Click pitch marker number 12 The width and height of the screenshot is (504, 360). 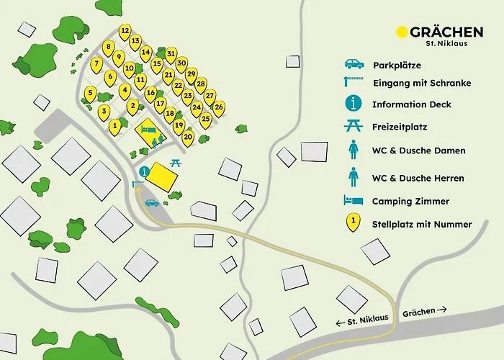click(125, 31)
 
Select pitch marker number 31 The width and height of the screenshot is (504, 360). click(171, 54)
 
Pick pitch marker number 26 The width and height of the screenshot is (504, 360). click(218, 107)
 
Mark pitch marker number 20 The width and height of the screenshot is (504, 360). click(188, 136)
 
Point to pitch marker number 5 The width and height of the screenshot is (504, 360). click(90, 93)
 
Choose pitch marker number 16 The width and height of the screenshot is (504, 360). click(150, 94)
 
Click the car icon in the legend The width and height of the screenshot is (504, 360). click(353, 64)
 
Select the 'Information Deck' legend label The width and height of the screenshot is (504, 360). click(412, 104)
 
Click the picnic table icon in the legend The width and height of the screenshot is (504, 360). click(353, 126)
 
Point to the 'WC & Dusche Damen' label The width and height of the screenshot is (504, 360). click(418, 150)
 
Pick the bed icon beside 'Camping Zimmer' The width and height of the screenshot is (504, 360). click(353, 201)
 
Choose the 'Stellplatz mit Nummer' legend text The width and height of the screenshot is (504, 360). click(422, 224)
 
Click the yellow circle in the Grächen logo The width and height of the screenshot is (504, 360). click(402, 32)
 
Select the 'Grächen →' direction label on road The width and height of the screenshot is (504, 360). click(425, 311)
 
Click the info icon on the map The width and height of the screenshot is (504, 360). click(145, 171)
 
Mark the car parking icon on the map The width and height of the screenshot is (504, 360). click(152, 203)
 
